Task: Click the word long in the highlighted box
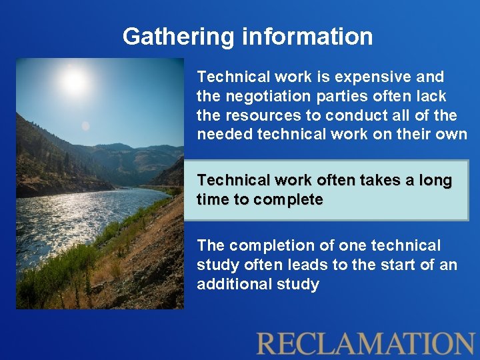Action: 435,181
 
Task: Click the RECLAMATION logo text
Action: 365,343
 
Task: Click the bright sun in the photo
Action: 74,81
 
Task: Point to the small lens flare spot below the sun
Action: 85,126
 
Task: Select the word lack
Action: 433,96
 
